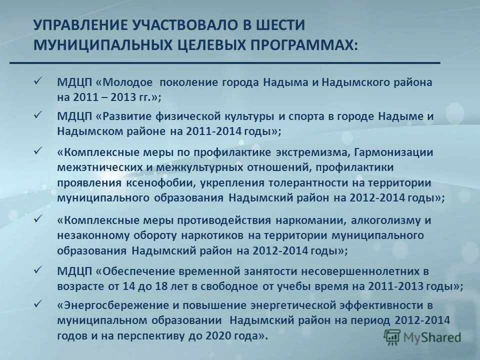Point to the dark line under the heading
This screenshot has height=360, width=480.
225,63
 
